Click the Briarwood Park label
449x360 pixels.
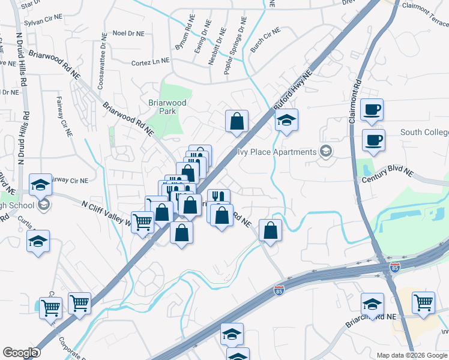click(167, 107)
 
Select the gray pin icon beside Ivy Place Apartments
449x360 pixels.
click(326, 151)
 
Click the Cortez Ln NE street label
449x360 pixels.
click(150, 62)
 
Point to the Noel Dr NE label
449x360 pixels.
click(128, 34)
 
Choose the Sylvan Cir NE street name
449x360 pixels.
click(43, 20)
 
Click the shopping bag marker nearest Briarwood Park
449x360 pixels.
click(237, 121)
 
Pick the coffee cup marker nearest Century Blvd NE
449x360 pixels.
click(373, 140)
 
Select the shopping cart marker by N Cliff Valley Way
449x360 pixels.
click(143, 222)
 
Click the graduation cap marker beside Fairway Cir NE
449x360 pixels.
click(41, 184)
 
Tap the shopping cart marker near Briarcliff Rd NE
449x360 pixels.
click(423, 302)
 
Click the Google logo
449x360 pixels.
click(20, 353)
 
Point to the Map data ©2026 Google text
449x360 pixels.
click(411, 355)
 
